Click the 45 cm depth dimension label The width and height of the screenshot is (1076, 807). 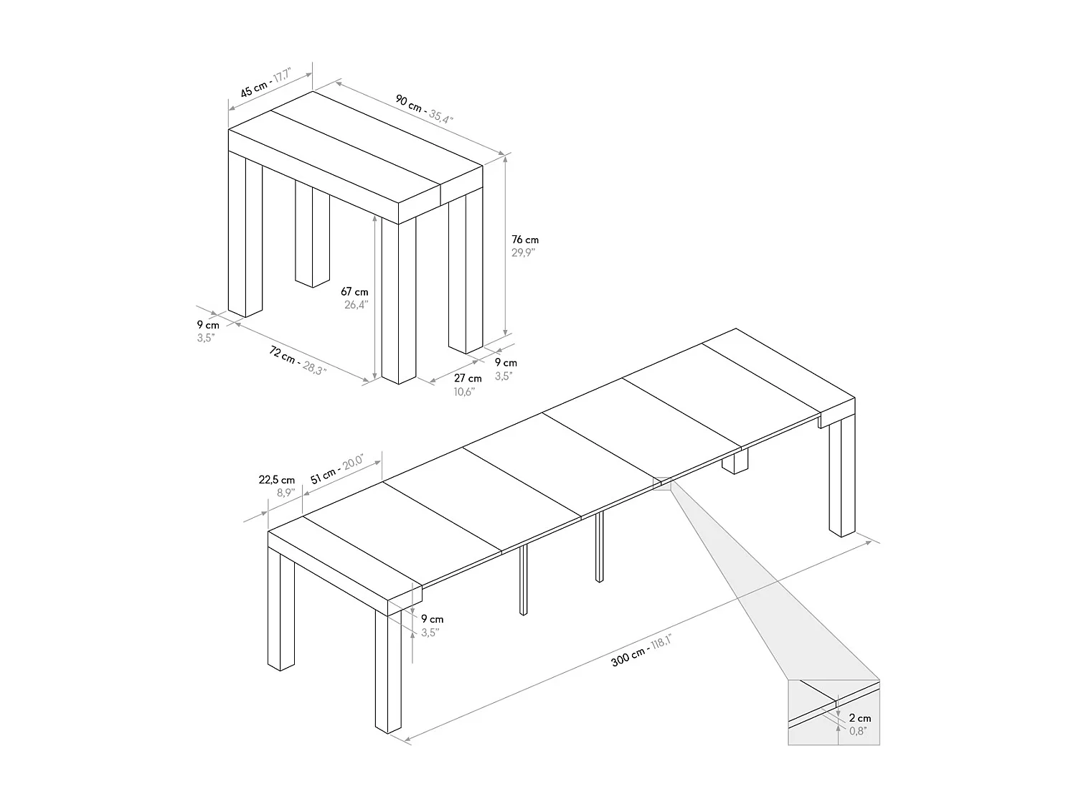click(x=254, y=89)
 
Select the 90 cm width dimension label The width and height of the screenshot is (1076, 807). click(x=410, y=103)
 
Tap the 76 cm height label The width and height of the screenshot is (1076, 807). click(x=525, y=240)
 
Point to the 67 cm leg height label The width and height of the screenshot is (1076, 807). click(x=354, y=291)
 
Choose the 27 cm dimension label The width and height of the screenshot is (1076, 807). click(x=468, y=378)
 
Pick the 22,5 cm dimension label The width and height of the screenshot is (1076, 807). click(x=277, y=480)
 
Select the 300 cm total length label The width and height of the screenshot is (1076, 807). click(x=628, y=656)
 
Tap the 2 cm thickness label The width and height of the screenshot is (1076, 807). click(x=860, y=718)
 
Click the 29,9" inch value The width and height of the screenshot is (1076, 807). click(x=524, y=253)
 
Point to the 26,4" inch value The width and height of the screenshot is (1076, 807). click(x=355, y=304)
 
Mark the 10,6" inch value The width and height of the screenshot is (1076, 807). click(x=465, y=391)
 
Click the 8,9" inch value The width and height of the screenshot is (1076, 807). click(x=285, y=493)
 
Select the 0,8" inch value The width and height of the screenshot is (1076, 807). click(x=859, y=731)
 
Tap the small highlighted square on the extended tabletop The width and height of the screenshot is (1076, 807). click(x=660, y=483)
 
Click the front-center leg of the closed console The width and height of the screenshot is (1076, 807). click(x=399, y=301)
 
